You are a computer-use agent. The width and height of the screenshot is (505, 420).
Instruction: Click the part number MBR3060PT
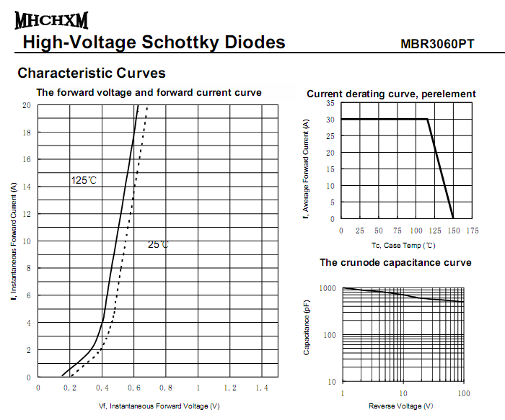[x=437, y=44]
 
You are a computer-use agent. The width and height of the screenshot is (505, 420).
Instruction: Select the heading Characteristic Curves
[x=92, y=73]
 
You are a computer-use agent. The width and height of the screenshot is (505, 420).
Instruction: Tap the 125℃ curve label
[x=84, y=180]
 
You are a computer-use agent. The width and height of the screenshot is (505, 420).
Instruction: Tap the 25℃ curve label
[x=158, y=244]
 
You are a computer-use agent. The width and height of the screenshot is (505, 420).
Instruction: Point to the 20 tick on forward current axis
[x=26, y=105]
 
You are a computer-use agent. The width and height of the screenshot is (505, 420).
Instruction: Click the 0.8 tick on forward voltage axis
[x=165, y=388]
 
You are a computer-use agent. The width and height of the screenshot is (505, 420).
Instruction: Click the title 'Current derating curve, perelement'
[x=391, y=94]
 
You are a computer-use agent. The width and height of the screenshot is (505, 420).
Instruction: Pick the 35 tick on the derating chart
[x=330, y=103]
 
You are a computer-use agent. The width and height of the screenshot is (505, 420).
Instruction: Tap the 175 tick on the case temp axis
[x=472, y=231]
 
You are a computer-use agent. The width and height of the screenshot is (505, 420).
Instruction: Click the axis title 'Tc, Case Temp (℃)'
[x=403, y=246]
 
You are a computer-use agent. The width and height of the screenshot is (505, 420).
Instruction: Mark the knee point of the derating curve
[x=428, y=119]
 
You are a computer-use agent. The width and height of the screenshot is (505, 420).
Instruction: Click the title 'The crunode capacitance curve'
[x=395, y=262]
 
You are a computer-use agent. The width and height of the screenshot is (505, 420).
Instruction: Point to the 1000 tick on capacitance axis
[x=327, y=289]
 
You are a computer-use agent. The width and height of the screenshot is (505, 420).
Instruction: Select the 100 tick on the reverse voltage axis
[x=463, y=393]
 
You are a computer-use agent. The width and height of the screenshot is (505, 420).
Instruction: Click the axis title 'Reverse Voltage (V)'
[x=403, y=406]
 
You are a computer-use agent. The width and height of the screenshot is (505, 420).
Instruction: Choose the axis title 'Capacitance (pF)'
[x=307, y=328]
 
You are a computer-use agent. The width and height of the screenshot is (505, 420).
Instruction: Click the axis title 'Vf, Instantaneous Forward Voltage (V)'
[x=159, y=406]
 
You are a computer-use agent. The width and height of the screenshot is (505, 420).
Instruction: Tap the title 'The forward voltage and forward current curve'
[x=149, y=92]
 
